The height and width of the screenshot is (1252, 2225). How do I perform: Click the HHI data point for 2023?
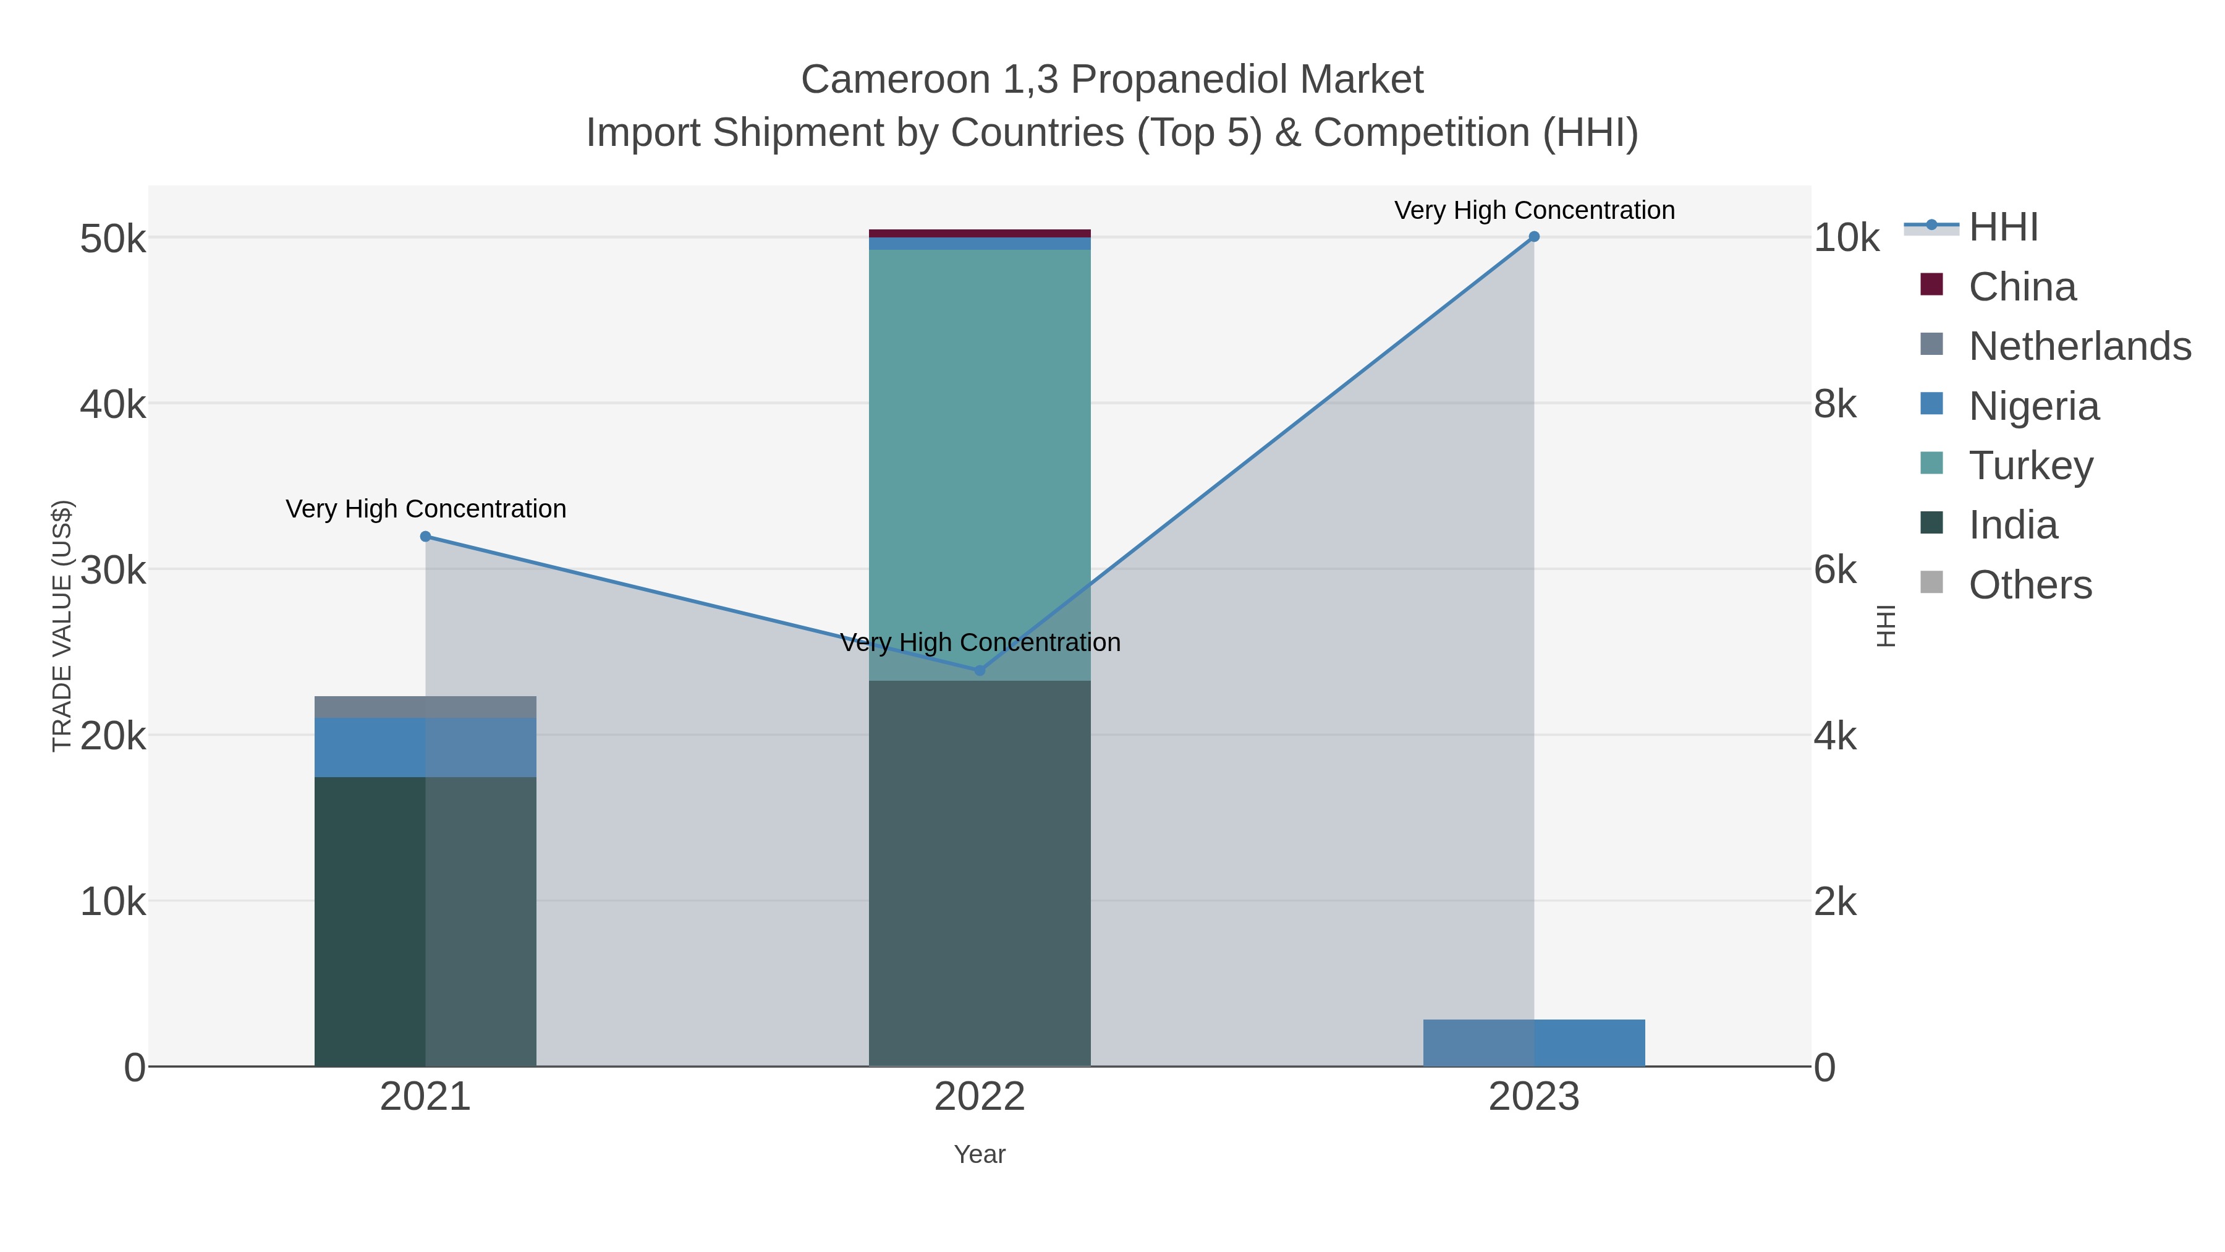1534,237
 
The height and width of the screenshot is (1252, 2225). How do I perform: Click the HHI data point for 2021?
425,537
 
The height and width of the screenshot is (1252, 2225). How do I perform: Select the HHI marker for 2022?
980,670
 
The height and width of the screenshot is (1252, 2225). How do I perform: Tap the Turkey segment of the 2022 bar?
980,458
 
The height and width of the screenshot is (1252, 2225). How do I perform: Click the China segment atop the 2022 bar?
980,233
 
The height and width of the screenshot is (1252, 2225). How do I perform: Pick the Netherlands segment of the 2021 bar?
425,707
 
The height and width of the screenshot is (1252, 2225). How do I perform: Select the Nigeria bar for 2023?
1534,1043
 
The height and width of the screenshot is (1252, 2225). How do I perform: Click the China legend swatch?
1931,285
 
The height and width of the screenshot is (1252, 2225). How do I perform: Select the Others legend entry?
2030,585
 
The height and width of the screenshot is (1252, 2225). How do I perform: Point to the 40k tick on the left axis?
113,404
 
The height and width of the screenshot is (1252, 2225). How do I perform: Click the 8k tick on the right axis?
1836,404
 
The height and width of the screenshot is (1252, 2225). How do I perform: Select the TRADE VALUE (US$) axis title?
62,626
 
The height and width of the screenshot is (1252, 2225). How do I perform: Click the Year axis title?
980,1154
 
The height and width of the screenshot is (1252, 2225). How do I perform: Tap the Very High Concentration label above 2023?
1534,210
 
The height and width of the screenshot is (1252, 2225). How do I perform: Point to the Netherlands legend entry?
2079,346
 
